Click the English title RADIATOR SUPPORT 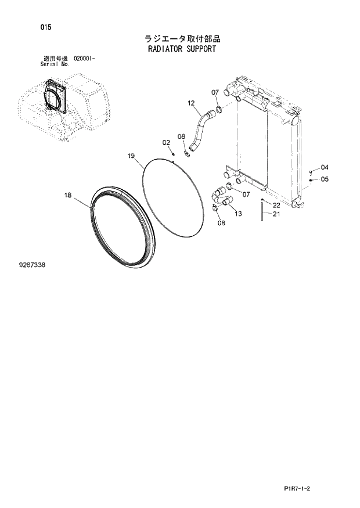(x=182, y=49)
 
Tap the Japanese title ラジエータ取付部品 (x=182, y=38)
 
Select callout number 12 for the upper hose (x=190, y=103)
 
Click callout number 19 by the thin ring (x=131, y=156)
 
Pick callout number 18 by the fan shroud (x=68, y=196)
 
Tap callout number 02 (x=165, y=142)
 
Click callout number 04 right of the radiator (x=324, y=168)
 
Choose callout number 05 (x=324, y=179)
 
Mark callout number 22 (x=276, y=205)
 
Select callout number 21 (x=276, y=214)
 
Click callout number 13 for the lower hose (x=238, y=214)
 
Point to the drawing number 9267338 (x=32, y=265)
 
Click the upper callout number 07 (x=214, y=92)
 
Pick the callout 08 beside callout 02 (x=181, y=136)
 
